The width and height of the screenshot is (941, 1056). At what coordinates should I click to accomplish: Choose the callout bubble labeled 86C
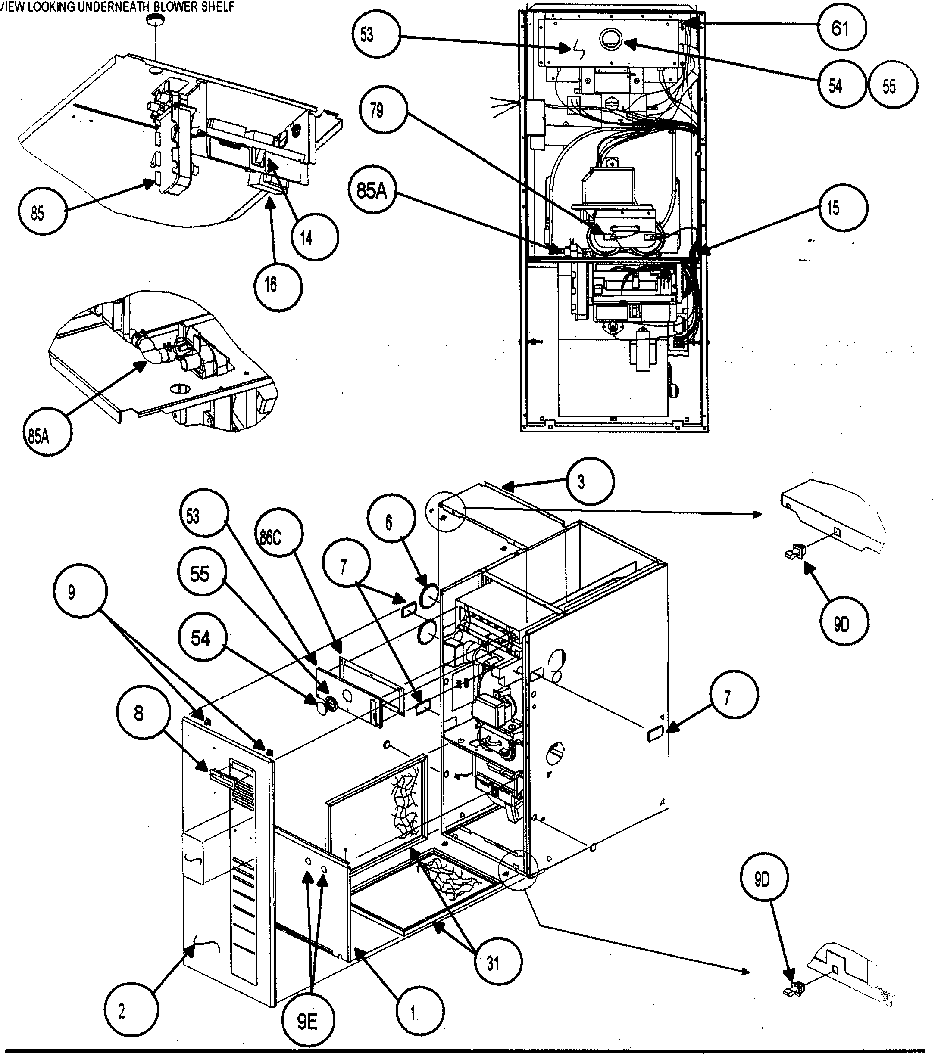(x=270, y=537)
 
